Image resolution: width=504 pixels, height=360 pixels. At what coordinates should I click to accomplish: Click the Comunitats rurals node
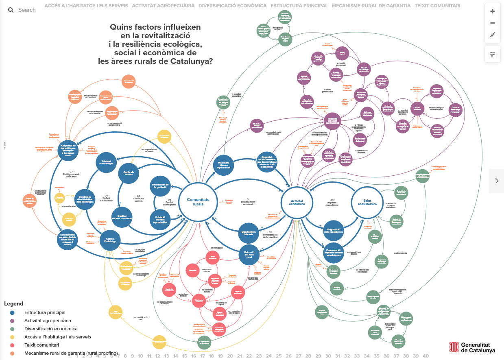tap(198, 202)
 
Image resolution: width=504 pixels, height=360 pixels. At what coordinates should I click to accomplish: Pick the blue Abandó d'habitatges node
tap(106, 163)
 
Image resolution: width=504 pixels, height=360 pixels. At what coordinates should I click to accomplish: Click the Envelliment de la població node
tap(160, 186)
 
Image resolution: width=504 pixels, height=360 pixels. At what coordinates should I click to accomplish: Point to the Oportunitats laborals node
tap(249, 233)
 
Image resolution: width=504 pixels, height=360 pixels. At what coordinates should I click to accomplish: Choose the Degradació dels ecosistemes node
tap(334, 231)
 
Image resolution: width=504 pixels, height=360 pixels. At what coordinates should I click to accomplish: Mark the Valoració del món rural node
tap(249, 255)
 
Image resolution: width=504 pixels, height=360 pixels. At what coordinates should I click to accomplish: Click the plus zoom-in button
tap(493, 11)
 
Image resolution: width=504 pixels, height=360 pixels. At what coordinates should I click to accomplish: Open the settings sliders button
tap(493, 54)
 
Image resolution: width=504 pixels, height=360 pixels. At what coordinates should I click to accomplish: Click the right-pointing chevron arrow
tap(497, 181)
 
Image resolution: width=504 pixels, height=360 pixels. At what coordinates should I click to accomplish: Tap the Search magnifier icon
tap(11, 10)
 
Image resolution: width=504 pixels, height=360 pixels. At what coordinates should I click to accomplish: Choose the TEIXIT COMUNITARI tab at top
tap(437, 6)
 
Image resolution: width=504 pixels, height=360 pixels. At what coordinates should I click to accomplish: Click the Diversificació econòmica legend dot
tap(12, 329)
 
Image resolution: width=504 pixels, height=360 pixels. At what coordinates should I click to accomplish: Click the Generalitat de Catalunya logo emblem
tap(454, 347)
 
